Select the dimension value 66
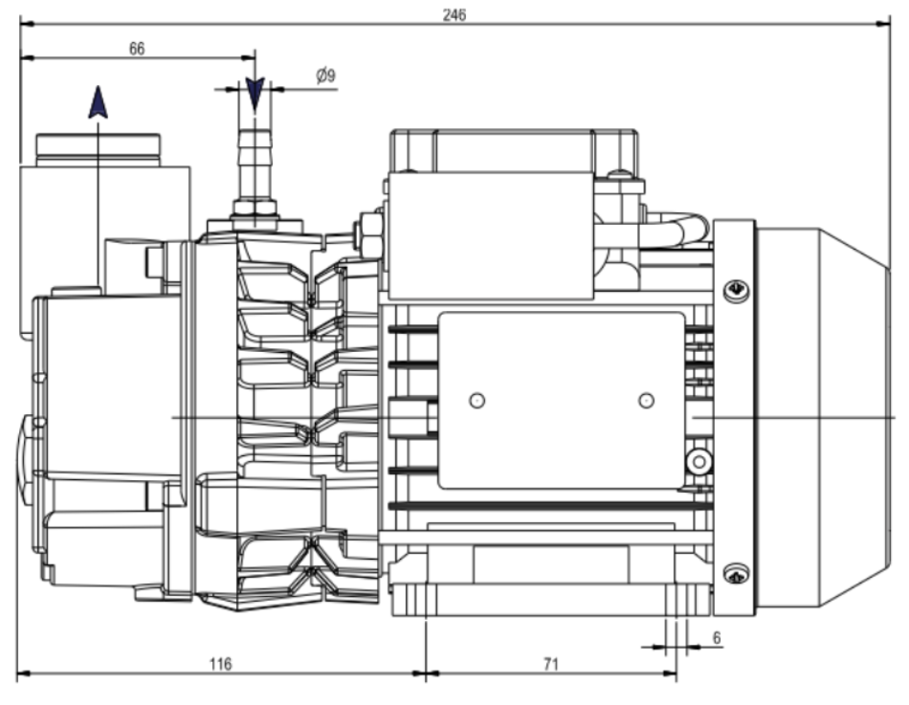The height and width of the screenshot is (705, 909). point(137,49)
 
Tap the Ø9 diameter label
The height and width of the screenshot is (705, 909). point(326,76)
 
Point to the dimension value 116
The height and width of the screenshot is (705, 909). point(220,663)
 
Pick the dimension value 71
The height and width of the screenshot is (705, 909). point(548,663)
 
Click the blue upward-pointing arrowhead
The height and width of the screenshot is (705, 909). point(98,102)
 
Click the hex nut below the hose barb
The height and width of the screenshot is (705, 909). point(255,206)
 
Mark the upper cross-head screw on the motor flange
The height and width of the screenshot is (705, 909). point(735,289)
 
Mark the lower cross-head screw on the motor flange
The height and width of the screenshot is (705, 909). point(735,574)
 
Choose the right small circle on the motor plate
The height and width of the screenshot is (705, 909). point(646,400)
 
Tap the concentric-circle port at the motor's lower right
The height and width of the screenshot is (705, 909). point(700,463)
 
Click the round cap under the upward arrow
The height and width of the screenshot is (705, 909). point(99,147)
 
